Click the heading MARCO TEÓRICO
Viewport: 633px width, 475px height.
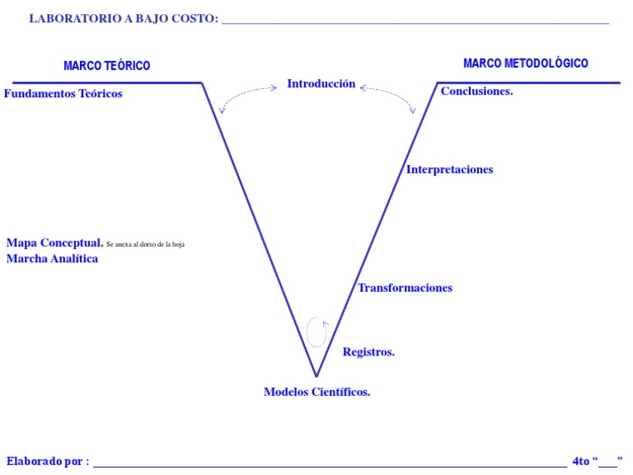pos(107,66)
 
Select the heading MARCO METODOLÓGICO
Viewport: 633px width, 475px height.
pos(526,63)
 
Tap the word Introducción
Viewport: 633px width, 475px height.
pos(321,84)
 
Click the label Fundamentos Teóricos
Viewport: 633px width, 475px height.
pos(63,94)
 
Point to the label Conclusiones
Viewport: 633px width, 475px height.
pos(476,92)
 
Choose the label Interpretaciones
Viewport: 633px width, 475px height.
pos(449,170)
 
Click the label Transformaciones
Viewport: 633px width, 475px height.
pos(405,288)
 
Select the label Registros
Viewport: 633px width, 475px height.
pos(368,352)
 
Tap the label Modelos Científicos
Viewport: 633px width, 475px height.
pos(316,392)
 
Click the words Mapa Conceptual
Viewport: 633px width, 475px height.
pos(54,243)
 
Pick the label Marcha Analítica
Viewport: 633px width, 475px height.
pos(52,259)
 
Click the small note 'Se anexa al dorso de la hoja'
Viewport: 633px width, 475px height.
pos(145,244)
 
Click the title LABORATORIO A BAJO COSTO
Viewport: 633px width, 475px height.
pos(124,19)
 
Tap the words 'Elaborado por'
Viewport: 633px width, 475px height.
pos(48,461)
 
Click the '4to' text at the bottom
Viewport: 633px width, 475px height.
pos(580,461)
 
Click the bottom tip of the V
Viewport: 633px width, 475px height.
pos(316,375)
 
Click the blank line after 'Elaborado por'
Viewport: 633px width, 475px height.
pos(330,465)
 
